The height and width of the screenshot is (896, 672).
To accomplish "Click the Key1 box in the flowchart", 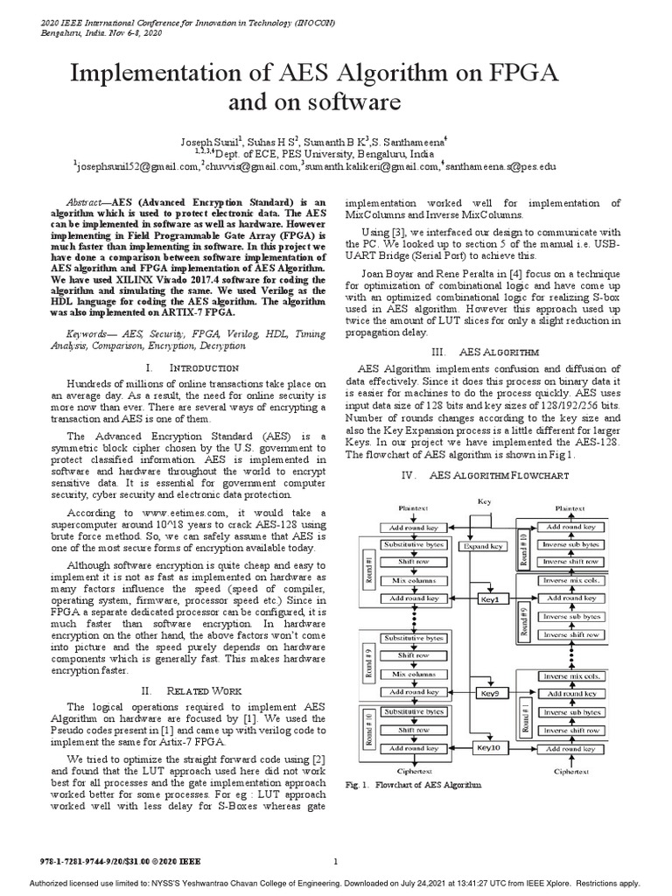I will [489, 599].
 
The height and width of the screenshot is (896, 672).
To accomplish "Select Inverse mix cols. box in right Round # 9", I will [572, 580].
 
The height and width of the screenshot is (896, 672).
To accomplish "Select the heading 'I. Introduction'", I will [192, 367].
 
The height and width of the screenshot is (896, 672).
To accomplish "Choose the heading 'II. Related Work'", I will [192, 690].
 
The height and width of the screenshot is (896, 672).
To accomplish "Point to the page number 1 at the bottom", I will [336, 862].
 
